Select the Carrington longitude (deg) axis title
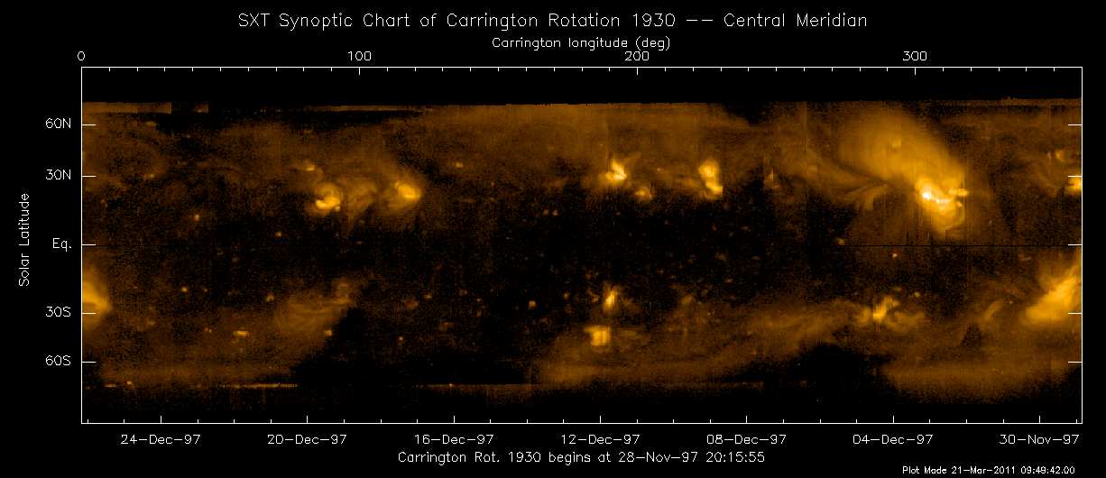[x=581, y=41]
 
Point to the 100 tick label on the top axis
[x=359, y=56]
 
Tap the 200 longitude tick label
[x=637, y=56]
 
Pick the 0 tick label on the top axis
[x=82, y=56]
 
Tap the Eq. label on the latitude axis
[x=60, y=244]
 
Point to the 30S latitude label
[x=59, y=312]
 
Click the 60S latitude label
[x=59, y=361]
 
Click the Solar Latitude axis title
[x=25, y=240]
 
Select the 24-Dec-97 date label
[x=161, y=440]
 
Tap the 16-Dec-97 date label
[x=454, y=440]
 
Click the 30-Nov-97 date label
[x=1040, y=440]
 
